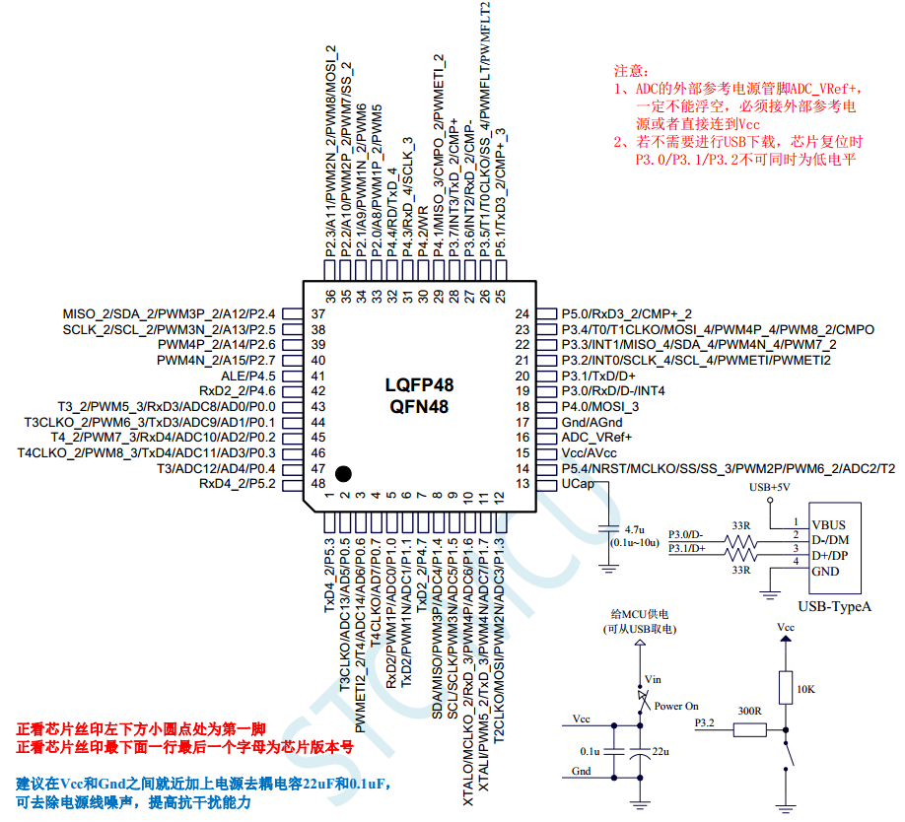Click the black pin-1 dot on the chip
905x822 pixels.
[x=343, y=473]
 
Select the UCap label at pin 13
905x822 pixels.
[x=579, y=484]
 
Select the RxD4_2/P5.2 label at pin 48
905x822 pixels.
[x=237, y=484]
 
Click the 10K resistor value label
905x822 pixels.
[x=804, y=689]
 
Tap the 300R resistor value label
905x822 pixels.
[x=749, y=711]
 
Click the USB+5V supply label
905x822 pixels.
[x=770, y=488]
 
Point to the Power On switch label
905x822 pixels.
[x=676, y=706]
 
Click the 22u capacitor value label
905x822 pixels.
[x=661, y=751]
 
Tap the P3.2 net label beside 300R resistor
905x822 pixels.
[x=706, y=723]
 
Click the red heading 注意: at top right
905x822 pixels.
[x=632, y=71]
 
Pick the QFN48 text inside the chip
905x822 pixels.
[x=420, y=405]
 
